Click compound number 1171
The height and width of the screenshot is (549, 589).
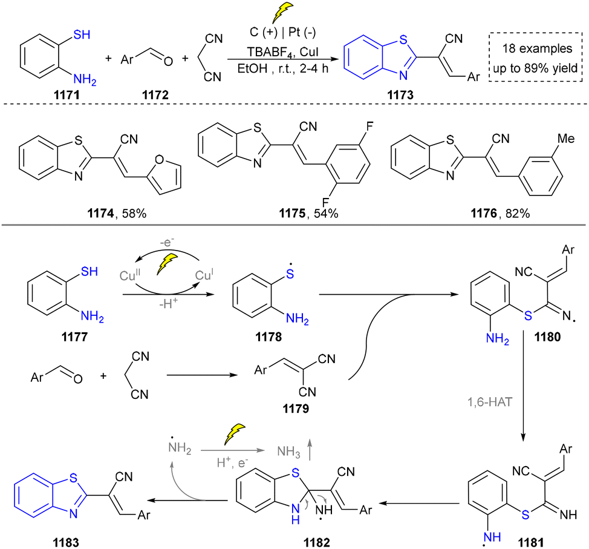pos(67,95)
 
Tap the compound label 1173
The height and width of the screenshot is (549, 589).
pos(400,95)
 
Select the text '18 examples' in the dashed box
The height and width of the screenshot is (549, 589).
pos(537,48)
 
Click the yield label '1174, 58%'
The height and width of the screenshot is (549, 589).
pos(117,214)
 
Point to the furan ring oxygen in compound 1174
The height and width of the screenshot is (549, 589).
pos(159,160)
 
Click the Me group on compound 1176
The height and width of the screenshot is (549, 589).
pos(565,139)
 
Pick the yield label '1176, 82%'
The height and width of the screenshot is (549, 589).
pos(500,214)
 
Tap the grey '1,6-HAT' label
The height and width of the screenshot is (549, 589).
pos(490,402)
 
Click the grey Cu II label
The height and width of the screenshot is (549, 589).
pos(129,275)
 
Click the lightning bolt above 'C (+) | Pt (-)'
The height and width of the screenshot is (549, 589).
pos(282,13)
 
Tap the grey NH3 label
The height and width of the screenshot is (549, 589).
pos(288,451)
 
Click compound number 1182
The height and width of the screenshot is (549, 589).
pos(317,542)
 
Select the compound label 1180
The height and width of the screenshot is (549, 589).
pos(548,337)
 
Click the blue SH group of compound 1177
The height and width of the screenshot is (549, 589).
pos(89,271)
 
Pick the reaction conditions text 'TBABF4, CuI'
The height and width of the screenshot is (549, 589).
pos(282,52)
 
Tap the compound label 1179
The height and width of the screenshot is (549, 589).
pos(296,409)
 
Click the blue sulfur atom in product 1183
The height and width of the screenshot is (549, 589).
pos(73,478)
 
